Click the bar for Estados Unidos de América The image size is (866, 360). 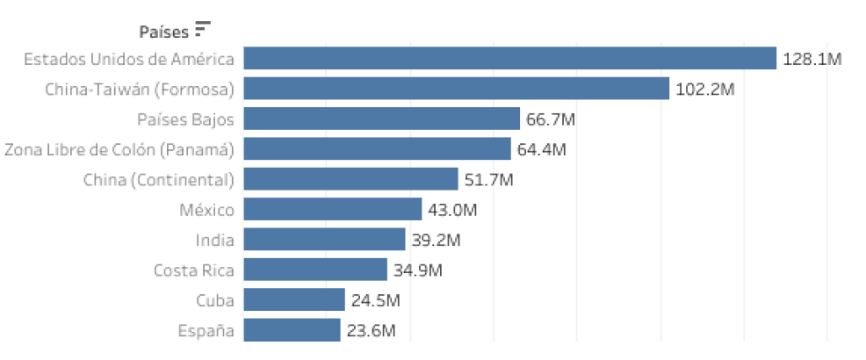click(x=509, y=59)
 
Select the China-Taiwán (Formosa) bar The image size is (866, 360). click(x=457, y=89)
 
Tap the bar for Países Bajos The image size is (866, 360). click(x=381, y=119)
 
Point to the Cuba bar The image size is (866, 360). click(x=293, y=300)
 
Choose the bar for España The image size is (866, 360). click(x=292, y=330)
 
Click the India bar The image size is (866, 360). click(x=324, y=240)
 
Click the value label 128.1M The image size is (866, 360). click(x=812, y=60)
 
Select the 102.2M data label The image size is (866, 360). click(x=705, y=90)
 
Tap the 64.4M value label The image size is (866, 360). click(x=541, y=149)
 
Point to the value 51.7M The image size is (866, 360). click(x=488, y=180)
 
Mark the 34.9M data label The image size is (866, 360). click(x=417, y=270)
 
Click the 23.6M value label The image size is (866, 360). click(x=370, y=331)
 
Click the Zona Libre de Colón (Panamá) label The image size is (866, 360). click(x=119, y=149)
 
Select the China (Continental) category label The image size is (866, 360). click(x=159, y=180)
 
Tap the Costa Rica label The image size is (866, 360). click(x=193, y=270)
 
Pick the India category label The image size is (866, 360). click(x=215, y=240)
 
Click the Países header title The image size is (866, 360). click(x=164, y=32)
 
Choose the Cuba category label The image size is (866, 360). click(x=215, y=300)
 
